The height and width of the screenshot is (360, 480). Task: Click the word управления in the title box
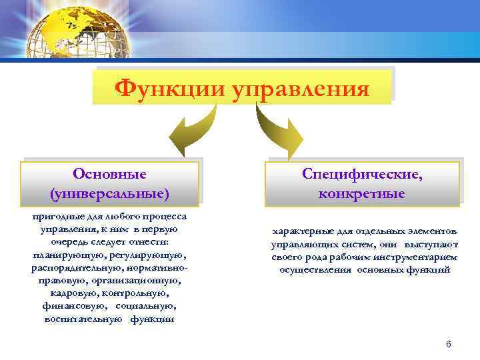click(299, 87)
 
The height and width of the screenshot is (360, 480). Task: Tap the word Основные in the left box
click(109, 174)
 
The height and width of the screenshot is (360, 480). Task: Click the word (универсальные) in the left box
click(109, 193)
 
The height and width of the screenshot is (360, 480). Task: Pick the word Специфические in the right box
click(362, 174)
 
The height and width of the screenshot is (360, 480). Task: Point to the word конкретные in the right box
click(362, 193)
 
